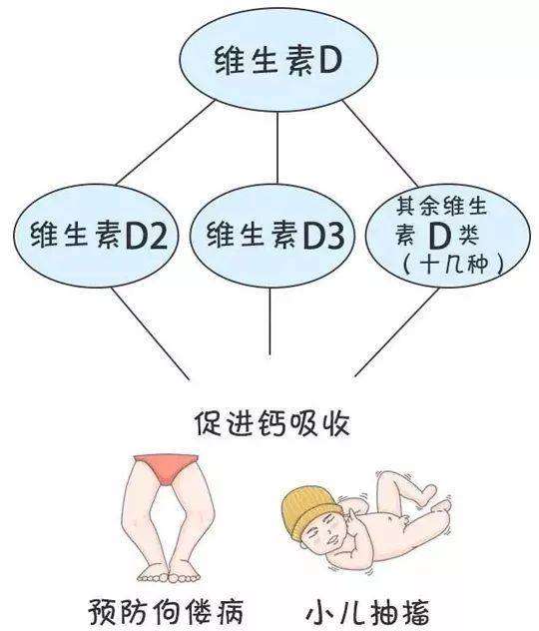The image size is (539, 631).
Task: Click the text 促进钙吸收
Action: coord(273,423)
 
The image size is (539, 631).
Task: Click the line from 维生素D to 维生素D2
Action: coord(166,143)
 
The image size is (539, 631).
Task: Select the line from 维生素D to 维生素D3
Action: coord(277,148)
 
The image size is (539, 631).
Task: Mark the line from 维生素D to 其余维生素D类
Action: coord(380,144)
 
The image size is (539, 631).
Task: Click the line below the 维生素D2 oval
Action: coord(151,332)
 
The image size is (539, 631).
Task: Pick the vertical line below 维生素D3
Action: coord(269,321)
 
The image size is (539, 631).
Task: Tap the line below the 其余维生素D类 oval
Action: coord(396,332)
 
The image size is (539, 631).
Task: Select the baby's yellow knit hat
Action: coord(308,511)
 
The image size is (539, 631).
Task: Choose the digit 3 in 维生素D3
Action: coord(333,236)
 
